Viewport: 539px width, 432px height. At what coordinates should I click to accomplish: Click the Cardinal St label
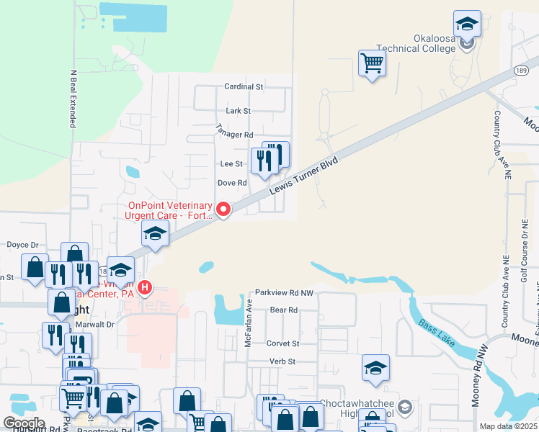click(244, 86)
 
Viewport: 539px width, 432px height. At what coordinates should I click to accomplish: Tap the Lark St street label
click(238, 111)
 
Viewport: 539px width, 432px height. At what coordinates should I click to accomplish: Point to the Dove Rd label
click(232, 183)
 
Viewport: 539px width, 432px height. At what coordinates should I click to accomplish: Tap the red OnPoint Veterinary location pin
click(223, 210)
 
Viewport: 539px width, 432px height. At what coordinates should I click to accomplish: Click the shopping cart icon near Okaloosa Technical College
click(372, 64)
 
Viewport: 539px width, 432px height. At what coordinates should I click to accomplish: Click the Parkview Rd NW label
click(284, 294)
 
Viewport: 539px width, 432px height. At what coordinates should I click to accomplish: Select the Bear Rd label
click(283, 310)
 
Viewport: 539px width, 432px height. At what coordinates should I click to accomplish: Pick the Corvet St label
click(282, 344)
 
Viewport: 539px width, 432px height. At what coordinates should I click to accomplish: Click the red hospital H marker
click(145, 289)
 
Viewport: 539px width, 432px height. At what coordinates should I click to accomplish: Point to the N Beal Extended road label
click(73, 99)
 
